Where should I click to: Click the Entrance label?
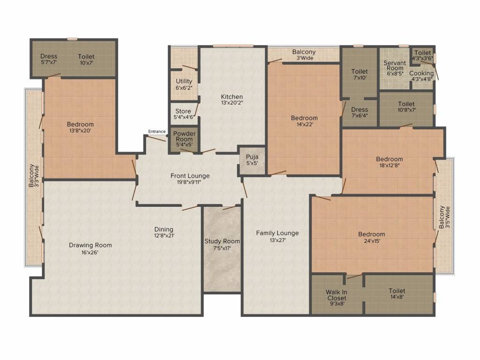(x=157, y=131)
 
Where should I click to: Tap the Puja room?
(x=252, y=160)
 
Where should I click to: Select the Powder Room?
(x=184, y=139)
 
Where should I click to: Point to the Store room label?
(x=183, y=111)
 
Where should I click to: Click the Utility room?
(x=184, y=84)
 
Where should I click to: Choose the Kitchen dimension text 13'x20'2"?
(x=232, y=103)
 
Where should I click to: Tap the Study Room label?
(x=222, y=241)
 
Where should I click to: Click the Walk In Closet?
(x=336, y=297)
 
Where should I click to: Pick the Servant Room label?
(x=394, y=66)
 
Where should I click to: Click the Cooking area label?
(x=421, y=74)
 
